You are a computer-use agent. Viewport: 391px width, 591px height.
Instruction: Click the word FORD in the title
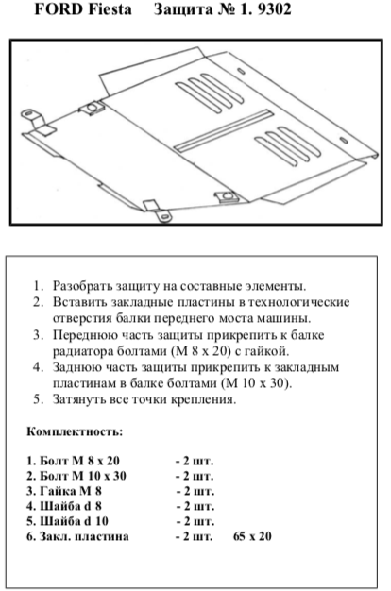point(59,9)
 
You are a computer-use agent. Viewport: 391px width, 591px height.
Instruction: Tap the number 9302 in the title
point(275,9)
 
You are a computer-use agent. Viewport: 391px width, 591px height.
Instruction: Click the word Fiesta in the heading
point(110,9)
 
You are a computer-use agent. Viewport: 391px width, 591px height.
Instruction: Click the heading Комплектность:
point(75,431)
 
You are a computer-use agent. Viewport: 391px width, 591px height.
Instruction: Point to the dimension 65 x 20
point(252,536)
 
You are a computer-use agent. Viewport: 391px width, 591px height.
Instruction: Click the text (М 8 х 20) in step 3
point(201,351)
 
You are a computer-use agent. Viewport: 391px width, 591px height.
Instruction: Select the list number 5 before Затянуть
point(39,398)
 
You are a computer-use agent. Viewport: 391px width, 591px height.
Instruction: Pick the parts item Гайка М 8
point(63,491)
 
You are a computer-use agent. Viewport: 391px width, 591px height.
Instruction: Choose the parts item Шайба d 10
point(67,521)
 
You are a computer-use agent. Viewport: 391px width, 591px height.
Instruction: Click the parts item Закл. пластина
point(77,536)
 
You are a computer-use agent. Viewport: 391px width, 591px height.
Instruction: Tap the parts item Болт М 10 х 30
point(76,476)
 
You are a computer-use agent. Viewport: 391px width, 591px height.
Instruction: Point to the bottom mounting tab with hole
point(158,211)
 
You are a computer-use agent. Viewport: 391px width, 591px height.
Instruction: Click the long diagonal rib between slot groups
point(223,131)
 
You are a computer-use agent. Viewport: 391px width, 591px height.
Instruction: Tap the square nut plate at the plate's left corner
point(92,109)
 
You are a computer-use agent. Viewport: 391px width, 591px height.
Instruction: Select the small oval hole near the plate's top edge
point(241,71)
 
